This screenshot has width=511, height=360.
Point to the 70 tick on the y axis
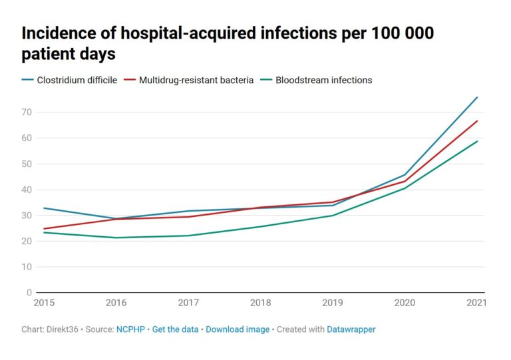[x=27, y=112]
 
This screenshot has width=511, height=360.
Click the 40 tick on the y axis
[x=27, y=190]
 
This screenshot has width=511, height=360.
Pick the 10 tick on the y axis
[x=27, y=267]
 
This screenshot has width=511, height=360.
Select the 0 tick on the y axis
[x=29, y=293]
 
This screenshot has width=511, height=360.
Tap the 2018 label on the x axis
[x=259, y=303]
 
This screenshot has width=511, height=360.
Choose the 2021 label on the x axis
[x=476, y=303]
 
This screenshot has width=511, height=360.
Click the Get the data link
[x=176, y=329]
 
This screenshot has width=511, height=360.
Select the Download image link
[x=238, y=329]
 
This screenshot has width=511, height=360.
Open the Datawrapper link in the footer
[x=351, y=329]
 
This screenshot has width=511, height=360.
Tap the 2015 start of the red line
[x=43, y=229]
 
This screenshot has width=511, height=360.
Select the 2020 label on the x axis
[x=405, y=303]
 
